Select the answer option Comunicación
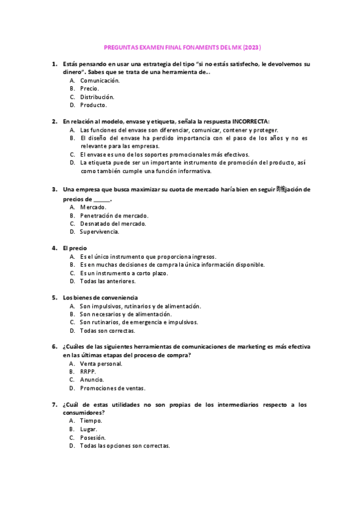100,80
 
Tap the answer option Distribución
97,97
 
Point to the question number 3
55,189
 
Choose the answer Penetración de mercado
114,216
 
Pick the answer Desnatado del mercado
112,223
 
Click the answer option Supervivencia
100,232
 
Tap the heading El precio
75,248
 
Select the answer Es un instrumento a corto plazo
124,273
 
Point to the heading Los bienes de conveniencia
100,298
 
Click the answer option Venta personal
101,364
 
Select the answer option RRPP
88,372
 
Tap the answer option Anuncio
92,380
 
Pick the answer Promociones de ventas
112,388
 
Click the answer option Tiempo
91,421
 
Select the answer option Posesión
93,437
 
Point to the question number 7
55,404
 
